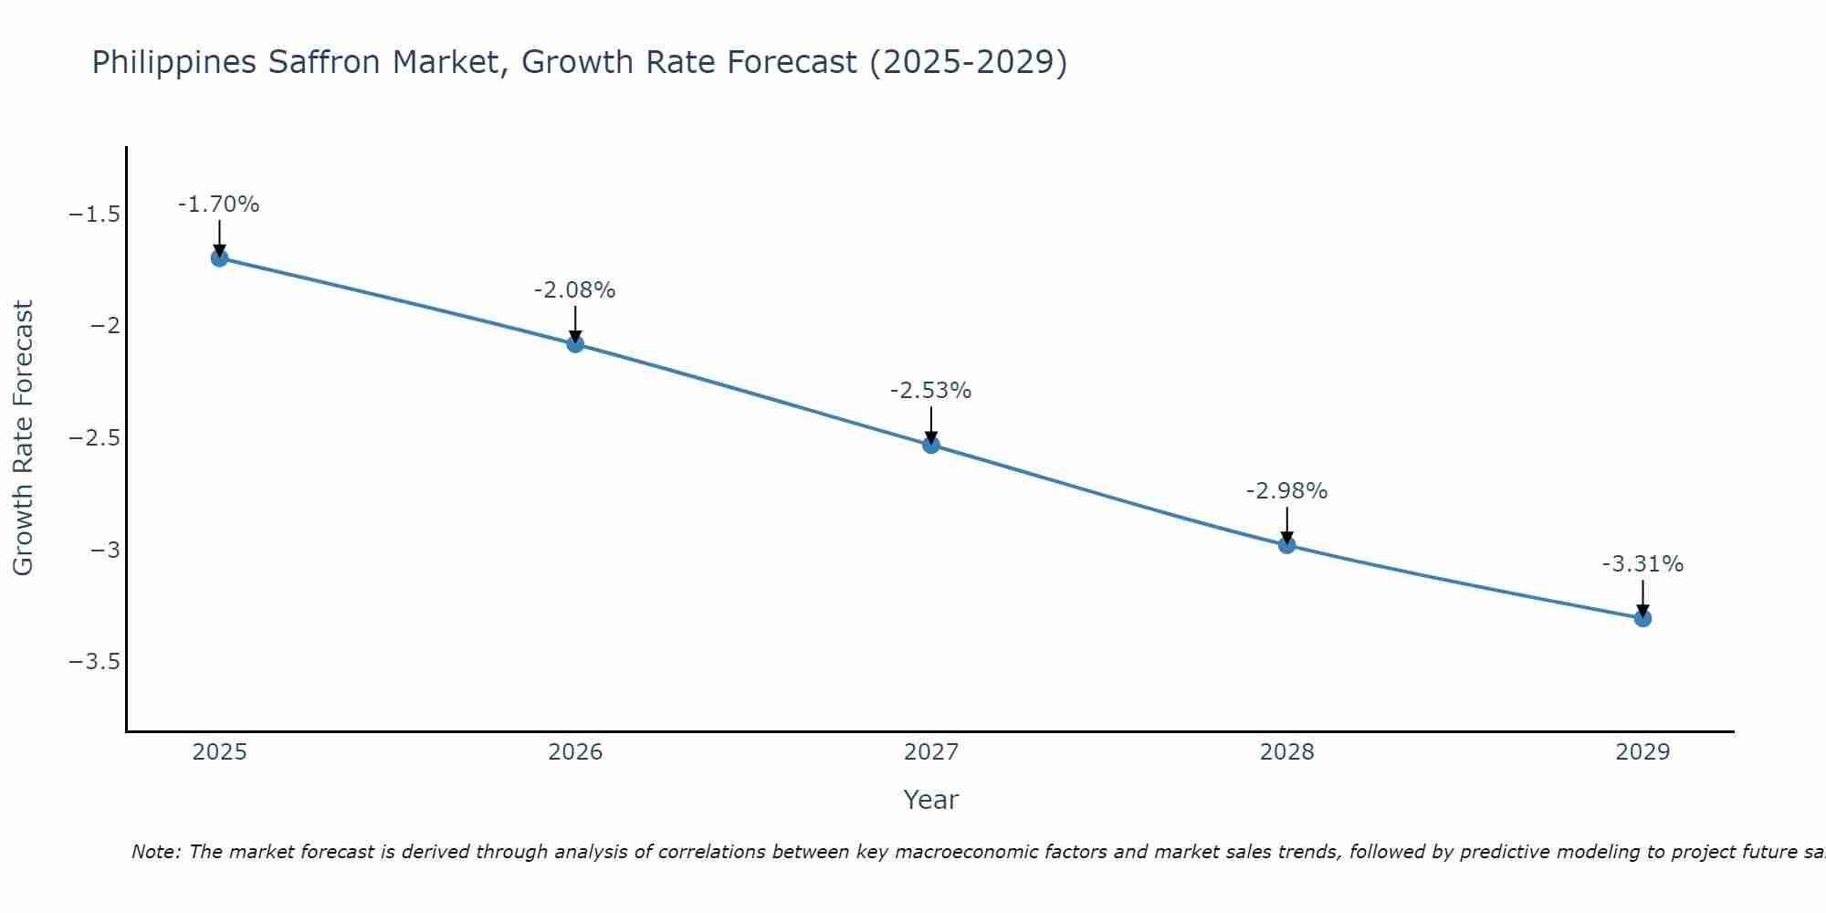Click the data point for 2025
tap(219, 257)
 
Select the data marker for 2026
tap(575, 344)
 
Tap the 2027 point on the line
tap(931, 445)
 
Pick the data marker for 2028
tap(1286, 545)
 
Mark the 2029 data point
tap(1642, 618)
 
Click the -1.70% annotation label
tap(219, 205)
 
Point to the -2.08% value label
tap(575, 290)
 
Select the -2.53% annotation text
tap(931, 391)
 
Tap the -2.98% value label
tap(1286, 491)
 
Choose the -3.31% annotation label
tap(1642, 564)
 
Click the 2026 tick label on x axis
tap(575, 752)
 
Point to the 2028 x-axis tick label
tap(1286, 752)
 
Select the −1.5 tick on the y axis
tap(95, 215)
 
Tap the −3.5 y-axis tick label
tap(95, 661)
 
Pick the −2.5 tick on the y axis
tap(95, 438)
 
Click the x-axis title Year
tap(931, 800)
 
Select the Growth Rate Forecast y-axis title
tap(24, 438)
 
